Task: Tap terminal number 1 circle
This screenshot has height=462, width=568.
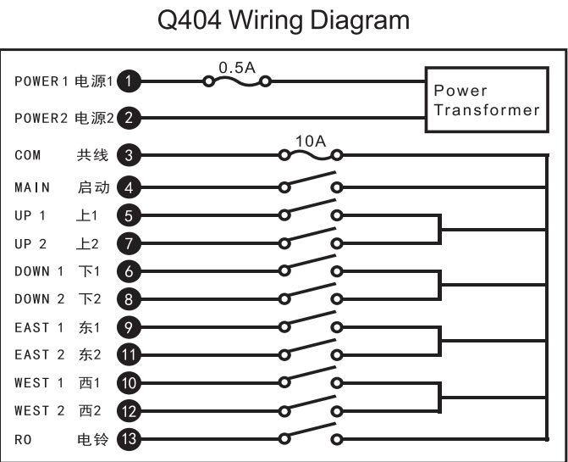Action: pos(129,81)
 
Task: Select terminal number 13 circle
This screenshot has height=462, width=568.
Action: pos(129,439)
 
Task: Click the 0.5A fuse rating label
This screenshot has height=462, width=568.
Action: pos(237,68)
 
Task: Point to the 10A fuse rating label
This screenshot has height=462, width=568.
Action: pos(311,141)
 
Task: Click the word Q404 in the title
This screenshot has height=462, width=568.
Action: pos(189,20)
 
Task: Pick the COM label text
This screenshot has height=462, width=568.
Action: pos(28,155)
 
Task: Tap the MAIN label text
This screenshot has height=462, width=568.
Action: pos(32,187)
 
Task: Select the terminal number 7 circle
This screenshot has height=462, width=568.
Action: pos(129,243)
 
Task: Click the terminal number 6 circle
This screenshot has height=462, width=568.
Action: pos(129,271)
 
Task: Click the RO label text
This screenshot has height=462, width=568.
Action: pos(23,439)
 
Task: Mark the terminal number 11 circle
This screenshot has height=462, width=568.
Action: pos(129,354)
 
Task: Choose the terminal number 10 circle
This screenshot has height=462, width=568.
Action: pos(129,383)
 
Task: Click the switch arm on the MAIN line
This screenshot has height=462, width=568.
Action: pos(311,179)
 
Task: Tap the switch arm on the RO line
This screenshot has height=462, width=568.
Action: pos(311,431)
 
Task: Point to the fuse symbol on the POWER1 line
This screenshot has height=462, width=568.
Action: pos(237,81)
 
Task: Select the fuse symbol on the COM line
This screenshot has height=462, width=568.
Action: pos(311,156)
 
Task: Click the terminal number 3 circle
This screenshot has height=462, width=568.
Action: pos(129,155)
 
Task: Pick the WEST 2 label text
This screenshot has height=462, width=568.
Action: pos(40,411)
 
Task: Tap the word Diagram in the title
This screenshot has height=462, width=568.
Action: pos(360,21)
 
